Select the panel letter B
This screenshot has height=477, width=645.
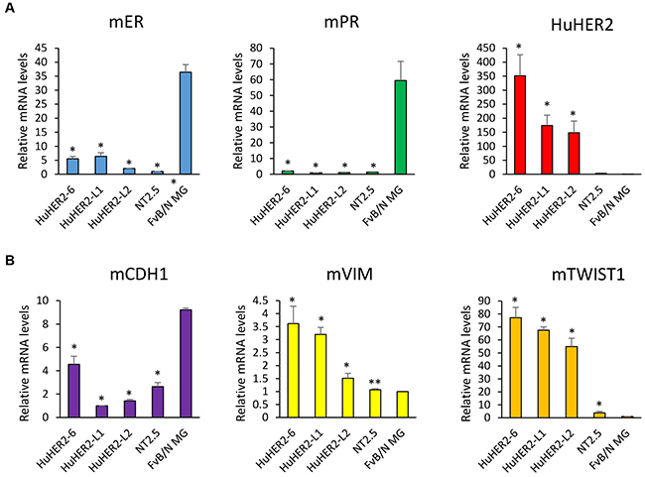pos(8,255)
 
